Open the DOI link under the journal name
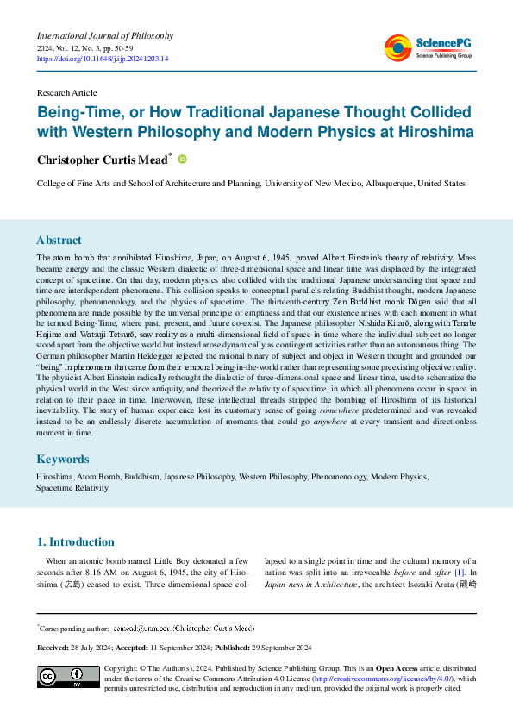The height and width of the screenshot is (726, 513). point(103,59)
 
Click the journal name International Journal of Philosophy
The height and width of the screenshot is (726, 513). point(105,36)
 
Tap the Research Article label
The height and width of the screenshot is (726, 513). point(66,91)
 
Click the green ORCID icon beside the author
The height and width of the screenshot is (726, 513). point(182,159)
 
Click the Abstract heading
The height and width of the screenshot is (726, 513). point(59,241)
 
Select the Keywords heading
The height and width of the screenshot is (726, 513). point(63,460)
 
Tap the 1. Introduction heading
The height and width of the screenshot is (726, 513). point(75,542)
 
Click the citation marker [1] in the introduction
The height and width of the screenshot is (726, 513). point(460,573)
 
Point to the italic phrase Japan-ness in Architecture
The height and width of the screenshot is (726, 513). point(311,585)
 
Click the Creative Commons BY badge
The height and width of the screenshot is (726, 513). point(68,677)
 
